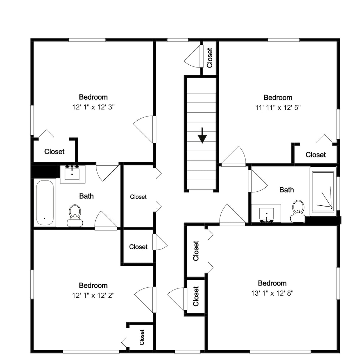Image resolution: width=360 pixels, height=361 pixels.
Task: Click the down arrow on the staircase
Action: tap(202, 136)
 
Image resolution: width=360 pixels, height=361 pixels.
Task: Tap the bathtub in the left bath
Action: tap(45, 203)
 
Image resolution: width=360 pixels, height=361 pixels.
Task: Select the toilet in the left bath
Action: tap(75, 216)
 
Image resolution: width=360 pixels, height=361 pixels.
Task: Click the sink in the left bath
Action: tap(72, 174)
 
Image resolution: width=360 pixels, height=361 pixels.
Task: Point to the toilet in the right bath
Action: tap(298, 211)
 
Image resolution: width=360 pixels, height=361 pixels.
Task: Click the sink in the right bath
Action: tap(266, 213)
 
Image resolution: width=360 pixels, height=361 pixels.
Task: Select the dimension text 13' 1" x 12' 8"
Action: tap(272, 293)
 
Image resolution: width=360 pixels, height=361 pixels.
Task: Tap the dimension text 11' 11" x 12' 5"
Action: tap(278, 108)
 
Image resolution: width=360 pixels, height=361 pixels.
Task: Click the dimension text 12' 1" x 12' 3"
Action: tap(93, 107)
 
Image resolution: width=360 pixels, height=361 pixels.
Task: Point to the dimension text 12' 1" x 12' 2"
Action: tap(93, 295)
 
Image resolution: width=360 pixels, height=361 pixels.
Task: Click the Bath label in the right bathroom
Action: tap(287, 190)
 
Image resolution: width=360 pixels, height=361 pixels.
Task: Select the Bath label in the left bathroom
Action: tap(86, 196)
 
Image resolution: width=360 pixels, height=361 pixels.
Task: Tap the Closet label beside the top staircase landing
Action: tap(209, 58)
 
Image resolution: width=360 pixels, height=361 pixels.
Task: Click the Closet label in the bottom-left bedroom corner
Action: tap(142, 337)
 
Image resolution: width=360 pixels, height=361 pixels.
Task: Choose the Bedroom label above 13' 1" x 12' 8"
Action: tap(272, 283)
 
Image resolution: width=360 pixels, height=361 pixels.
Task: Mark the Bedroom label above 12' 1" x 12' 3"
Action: tap(93, 97)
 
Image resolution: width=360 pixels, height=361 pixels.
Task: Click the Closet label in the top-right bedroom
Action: tap(316, 155)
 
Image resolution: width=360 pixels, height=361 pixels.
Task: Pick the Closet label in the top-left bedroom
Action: tap(55, 152)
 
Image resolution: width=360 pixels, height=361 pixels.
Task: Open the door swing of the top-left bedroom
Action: tap(143, 129)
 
